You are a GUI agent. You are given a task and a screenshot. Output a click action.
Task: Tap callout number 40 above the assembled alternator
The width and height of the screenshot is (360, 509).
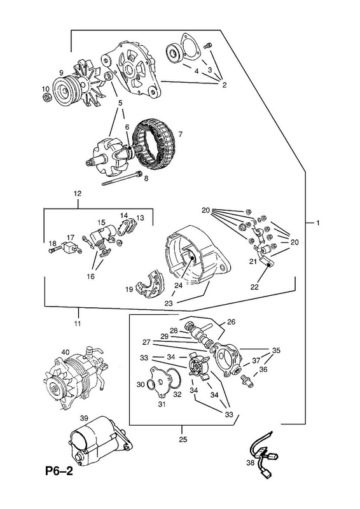(66, 352)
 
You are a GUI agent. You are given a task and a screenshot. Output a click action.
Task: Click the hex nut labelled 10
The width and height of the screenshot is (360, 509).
(46, 97)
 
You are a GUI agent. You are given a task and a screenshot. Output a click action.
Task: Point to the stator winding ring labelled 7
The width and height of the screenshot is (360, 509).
(157, 143)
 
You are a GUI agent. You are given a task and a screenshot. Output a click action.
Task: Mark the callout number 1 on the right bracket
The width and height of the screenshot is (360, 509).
(318, 223)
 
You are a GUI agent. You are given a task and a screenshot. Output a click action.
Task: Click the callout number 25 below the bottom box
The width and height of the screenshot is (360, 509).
(183, 440)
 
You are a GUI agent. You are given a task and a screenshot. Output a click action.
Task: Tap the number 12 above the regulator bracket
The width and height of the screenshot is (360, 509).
(78, 193)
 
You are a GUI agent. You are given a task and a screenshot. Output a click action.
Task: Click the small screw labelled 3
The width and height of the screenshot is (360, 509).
(208, 46)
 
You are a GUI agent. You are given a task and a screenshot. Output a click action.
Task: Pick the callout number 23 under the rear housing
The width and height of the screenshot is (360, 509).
(169, 303)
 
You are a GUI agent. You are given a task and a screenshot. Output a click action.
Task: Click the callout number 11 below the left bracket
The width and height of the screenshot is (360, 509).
(77, 323)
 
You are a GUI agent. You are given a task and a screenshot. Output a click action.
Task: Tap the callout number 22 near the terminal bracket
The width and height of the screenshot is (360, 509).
(254, 287)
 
